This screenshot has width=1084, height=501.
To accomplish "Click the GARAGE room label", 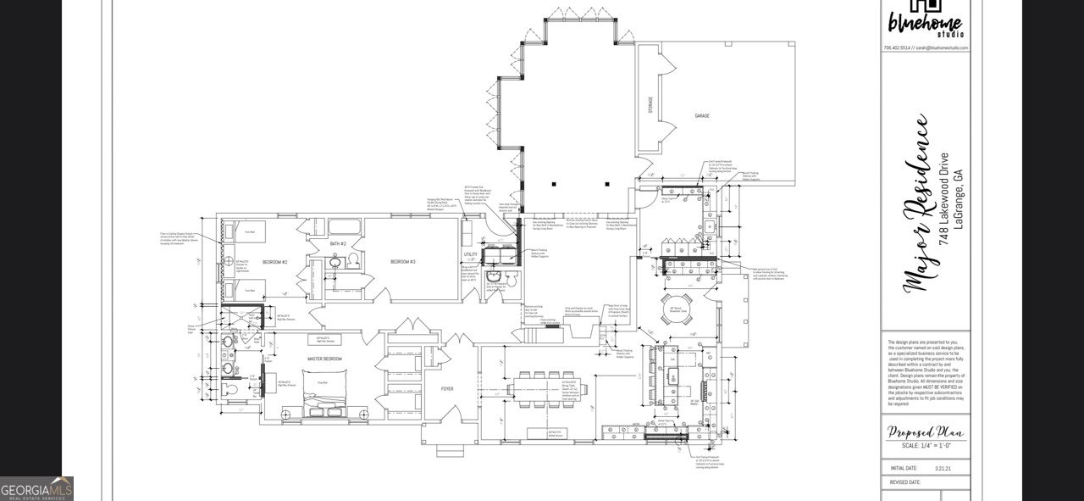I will point(702,115).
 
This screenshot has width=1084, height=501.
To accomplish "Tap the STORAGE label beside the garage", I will point(650,105).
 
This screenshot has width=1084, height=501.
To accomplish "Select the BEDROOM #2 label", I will point(274,262).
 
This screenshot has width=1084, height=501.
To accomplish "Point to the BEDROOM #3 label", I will point(402,262).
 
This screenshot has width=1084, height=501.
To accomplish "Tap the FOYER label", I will point(447,389).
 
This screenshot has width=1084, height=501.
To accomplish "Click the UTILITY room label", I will point(472,253).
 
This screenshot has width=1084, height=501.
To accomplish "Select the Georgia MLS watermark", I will point(36,489).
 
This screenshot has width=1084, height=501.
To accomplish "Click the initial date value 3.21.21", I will point(943,467).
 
